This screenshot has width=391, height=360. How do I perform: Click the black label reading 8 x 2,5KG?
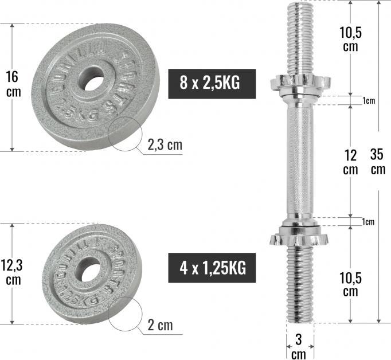209,82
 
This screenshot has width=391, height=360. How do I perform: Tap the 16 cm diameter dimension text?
13,84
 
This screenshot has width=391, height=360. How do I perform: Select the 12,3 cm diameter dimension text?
13,272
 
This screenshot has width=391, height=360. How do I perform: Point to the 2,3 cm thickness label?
165,145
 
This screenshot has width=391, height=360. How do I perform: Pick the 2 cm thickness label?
160,326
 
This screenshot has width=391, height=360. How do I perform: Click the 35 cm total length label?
377,162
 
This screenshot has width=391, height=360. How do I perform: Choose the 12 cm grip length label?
350,162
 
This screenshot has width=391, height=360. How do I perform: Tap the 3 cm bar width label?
299,347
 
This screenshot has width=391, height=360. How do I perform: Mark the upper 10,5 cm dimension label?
350,38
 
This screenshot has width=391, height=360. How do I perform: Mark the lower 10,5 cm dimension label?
350,283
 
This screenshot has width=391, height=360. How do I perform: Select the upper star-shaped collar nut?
299,82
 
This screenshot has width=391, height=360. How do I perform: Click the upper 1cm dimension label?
369,101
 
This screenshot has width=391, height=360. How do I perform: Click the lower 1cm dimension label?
369,222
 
